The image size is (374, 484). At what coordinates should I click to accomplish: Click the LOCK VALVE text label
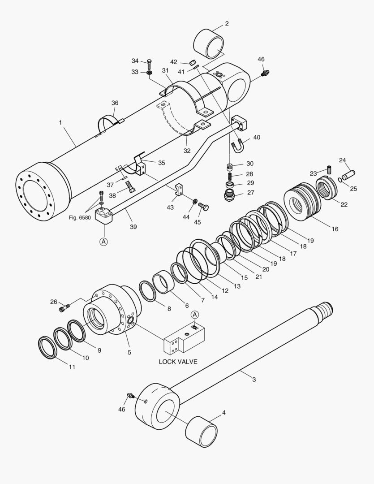(178, 362)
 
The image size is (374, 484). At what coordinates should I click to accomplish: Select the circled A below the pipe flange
(103, 242)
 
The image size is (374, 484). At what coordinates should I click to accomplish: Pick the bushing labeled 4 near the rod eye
(201, 431)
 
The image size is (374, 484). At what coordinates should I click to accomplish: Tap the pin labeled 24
(348, 172)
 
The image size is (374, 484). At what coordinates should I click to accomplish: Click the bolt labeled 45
(204, 207)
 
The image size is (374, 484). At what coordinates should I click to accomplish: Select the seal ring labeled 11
(47, 347)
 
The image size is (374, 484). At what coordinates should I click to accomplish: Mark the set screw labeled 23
(329, 170)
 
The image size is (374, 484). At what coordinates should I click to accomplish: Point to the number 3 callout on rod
(254, 380)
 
